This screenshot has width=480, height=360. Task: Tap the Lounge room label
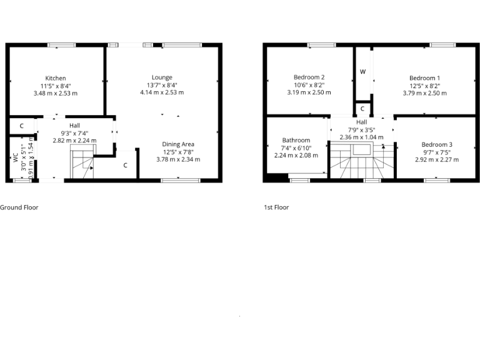click(162, 77)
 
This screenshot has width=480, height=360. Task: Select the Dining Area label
click(178, 144)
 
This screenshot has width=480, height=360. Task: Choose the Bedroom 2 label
click(309, 77)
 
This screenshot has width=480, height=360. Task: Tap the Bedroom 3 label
click(437, 144)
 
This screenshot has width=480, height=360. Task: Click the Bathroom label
click(296, 140)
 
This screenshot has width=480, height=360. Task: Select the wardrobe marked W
click(362, 72)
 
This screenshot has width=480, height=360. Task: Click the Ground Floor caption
click(19, 207)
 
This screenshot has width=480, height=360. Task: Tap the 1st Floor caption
click(276, 207)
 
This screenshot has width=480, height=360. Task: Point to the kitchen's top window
click(62, 44)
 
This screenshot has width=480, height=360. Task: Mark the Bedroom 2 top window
click(321, 44)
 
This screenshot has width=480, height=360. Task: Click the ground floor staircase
click(81, 162)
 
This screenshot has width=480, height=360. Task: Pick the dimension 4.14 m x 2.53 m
click(162, 92)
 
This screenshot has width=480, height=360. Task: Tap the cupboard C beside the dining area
click(126, 165)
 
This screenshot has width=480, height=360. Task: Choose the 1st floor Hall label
click(362, 122)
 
